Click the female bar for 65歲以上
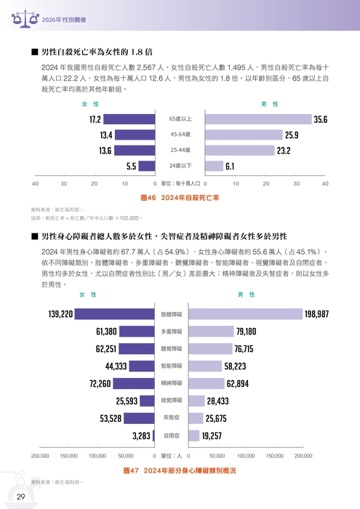(129, 119)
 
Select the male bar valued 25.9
(244, 135)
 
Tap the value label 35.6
(321, 119)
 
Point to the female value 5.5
(132, 167)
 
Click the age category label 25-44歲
(180, 151)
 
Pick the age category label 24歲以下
(180, 167)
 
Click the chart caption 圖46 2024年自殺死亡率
(180, 197)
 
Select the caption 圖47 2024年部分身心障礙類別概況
(180, 470)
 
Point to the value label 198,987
(317, 314)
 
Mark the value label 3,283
(141, 436)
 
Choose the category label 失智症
(171, 418)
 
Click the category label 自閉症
(171, 436)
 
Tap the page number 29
(21, 496)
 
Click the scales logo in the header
(17, 17)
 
